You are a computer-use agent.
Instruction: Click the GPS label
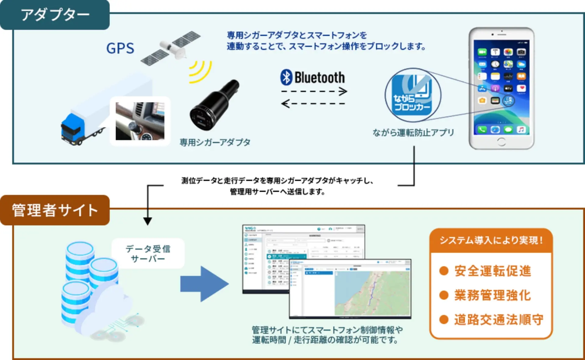pos(120,48)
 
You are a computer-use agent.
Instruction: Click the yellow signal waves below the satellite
pos(200,72)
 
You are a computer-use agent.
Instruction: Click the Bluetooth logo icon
pos(286,77)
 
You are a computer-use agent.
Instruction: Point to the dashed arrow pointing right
pos(314,91)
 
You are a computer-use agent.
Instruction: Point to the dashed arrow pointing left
pos(314,104)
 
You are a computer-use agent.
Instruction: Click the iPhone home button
pos(501,142)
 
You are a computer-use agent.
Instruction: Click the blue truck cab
pos(72,128)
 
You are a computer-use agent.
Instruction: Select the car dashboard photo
pos(140,121)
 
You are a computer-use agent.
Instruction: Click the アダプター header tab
pos(55,15)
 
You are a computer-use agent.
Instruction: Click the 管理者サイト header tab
pos(55,210)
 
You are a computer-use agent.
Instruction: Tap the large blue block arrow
pos(204,284)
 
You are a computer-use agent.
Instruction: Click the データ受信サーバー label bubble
pos(148,253)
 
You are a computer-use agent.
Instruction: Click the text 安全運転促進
pos(492,271)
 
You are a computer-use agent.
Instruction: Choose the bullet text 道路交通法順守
pos(498,319)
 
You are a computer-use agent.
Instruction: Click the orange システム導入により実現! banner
pos(491,241)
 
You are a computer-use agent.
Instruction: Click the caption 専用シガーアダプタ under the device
pos(215,142)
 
